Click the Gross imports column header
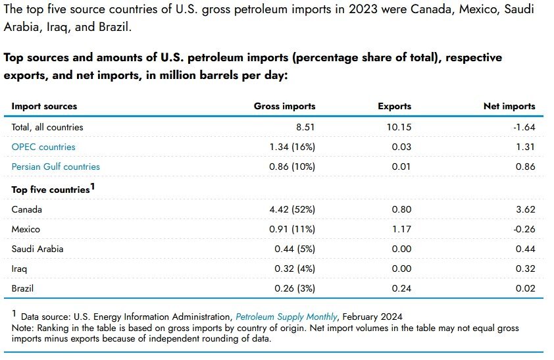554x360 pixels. (284, 106)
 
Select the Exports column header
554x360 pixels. (394, 106)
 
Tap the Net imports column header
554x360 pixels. (509, 106)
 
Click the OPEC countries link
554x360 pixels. (43, 147)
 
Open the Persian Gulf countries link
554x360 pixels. (56, 167)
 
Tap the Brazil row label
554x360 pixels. (22, 288)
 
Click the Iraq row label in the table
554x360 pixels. (19, 269)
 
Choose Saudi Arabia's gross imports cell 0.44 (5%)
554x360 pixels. (295, 249)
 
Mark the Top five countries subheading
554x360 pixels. (51, 190)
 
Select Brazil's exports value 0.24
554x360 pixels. (401, 288)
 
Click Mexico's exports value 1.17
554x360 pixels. (401, 229)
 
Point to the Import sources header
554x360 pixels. (44, 106)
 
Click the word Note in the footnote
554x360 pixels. (22, 328)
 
